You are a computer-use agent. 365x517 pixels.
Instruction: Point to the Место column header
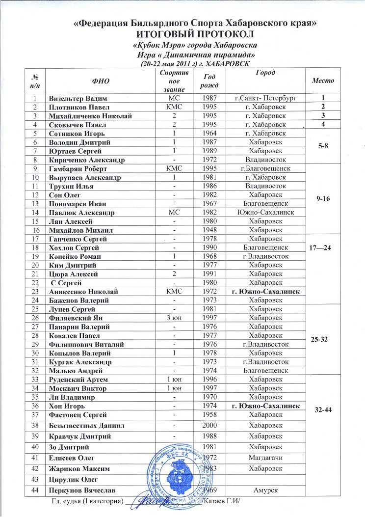tap(323, 80)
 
